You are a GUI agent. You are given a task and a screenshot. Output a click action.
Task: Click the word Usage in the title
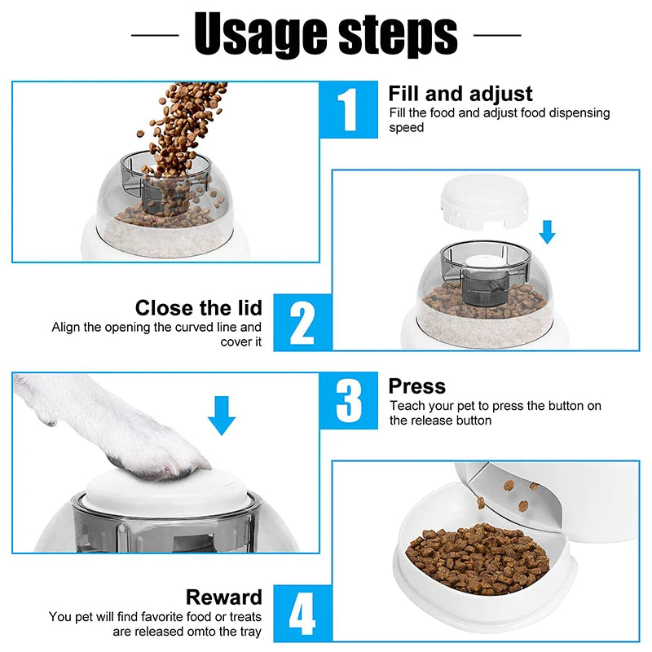(x=260, y=35)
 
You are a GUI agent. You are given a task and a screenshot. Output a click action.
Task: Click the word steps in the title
(x=398, y=35)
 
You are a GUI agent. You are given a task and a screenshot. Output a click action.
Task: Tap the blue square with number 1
(x=349, y=109)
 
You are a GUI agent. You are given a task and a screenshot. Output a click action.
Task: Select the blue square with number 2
(x=302, y=323)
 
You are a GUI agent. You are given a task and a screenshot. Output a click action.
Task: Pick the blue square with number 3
(x=349, y=400)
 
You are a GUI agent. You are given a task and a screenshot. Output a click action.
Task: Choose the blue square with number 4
(x=302, y=614)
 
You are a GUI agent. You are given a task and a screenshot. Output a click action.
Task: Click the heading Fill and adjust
(x=460, y=94)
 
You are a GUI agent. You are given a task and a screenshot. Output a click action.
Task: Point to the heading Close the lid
(x=199, y=308)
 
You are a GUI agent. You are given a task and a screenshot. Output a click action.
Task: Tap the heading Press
(x=417, y=386)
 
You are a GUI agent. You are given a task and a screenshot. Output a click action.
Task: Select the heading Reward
(x=224, y=597)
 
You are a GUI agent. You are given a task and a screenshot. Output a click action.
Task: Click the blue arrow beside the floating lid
(x=547, y=232)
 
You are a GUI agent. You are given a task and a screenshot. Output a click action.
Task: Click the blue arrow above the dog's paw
(x=222, y=416)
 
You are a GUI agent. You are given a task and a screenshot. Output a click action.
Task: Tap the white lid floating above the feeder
(x=484, y=201)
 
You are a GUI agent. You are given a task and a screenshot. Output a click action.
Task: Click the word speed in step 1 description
(x=406, y=128)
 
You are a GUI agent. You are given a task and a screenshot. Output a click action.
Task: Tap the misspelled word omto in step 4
(x=201, y=631)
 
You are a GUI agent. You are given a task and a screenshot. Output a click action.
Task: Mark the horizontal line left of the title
(x=155, y=35)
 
